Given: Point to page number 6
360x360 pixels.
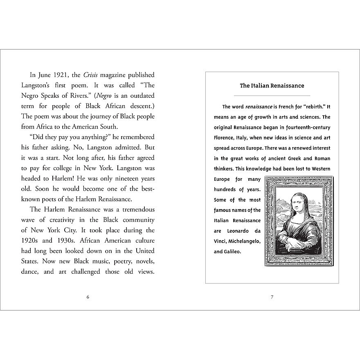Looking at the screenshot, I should point(88,297).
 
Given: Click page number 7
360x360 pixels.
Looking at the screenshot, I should point(272,297).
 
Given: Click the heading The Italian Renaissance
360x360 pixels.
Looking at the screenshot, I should point(272,85).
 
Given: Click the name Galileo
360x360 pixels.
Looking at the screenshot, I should point(232,252).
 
